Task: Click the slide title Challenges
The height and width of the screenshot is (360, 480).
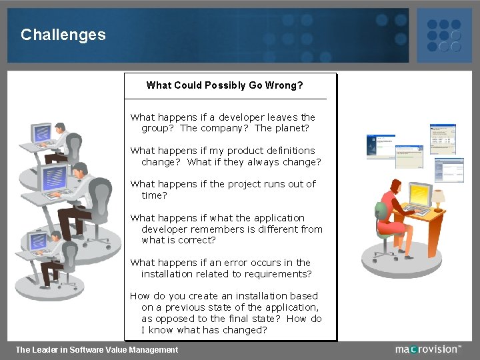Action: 63,35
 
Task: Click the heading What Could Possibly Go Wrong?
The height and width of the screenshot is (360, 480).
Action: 225,85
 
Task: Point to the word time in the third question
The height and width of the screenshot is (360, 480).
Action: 153,195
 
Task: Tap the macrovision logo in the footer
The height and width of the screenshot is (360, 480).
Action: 427,349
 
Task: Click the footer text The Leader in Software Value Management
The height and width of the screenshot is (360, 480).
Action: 97,349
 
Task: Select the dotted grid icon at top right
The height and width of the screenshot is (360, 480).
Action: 443,35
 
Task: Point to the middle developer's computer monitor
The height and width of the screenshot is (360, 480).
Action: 53,177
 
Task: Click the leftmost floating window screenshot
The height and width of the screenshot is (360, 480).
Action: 381,146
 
